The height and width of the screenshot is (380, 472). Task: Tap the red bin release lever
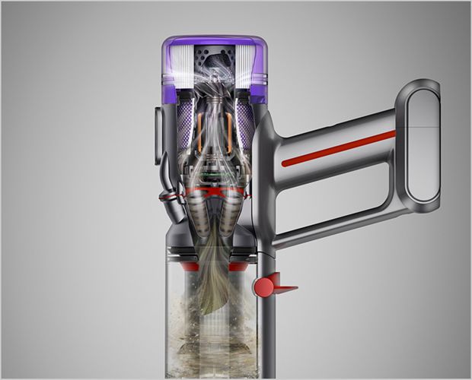(267, 287)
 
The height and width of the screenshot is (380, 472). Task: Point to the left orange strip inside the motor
(199, 133)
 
